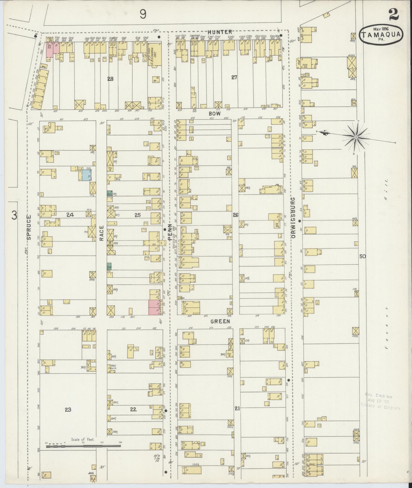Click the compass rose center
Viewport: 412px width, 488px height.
(x=356, y=137)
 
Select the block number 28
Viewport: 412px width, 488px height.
(x=110, y=79)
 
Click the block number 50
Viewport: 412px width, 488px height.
(x=362, y=256)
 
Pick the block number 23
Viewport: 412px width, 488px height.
(x=68, y=409)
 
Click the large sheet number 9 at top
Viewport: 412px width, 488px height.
(x=143, y=14)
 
